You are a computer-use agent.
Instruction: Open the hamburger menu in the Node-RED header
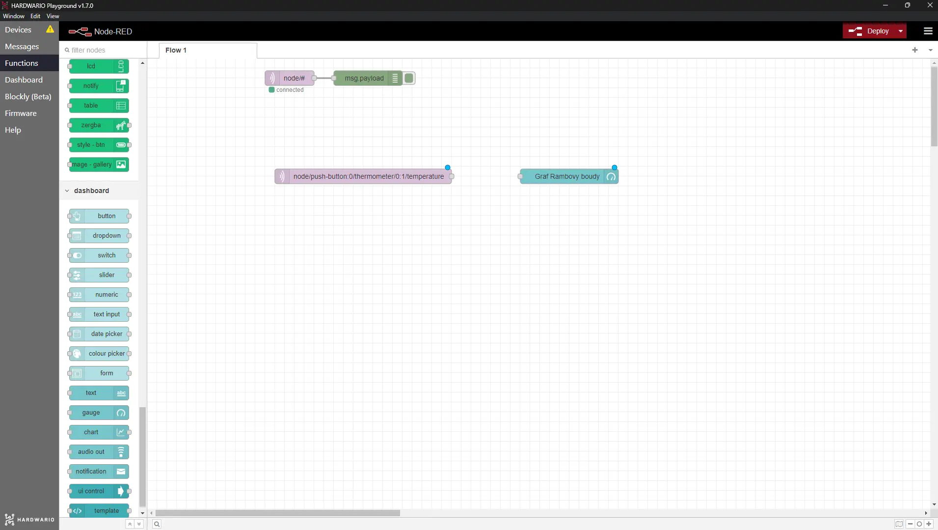[928, 31]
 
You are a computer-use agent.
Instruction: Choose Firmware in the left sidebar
[21, 113]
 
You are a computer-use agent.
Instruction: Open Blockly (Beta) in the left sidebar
[28, 96]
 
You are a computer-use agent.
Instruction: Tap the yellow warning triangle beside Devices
[50, 29]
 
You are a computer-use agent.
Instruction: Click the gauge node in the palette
[99, 413]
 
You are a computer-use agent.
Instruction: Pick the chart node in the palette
[99, 432]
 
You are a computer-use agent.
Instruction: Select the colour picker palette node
[99, 354]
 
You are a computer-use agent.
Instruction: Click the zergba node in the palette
[99, 125]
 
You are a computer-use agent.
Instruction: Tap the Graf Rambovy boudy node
[569, 176]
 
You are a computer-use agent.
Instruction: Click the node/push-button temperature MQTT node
[363, 176]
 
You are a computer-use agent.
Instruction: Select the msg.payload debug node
[368, 78]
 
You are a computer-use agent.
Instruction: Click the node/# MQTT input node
[290, 78]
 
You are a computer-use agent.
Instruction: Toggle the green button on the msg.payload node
[409, 78]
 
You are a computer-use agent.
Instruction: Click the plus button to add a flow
[915, 50]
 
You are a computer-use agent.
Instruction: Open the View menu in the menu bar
[53, 16]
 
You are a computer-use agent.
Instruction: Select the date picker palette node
[99, 334]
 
